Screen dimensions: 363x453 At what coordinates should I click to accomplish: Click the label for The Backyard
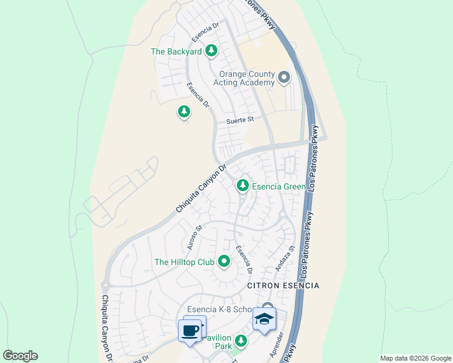click(176, 51)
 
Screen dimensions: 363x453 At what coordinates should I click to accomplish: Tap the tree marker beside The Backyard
click(211, 51)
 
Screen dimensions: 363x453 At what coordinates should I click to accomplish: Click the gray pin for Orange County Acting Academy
click(284, 77)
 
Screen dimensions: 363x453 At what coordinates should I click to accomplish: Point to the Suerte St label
click(240, 120)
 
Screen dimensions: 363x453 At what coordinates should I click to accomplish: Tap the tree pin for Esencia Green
click(243, 185)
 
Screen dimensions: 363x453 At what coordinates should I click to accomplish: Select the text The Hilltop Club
click(185, 262)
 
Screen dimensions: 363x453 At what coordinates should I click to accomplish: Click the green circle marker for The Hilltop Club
click(224, 262)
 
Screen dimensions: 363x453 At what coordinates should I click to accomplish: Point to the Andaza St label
click(284, 258)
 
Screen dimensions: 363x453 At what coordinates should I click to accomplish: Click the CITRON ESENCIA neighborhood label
click(283, 285)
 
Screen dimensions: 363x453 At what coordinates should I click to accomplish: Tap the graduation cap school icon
click(264, 318)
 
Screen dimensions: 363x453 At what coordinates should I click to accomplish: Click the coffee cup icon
click(191, 330)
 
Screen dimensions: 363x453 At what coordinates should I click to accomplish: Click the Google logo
click(20, 356)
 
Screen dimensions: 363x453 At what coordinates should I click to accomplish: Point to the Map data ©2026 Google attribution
click(415, 358)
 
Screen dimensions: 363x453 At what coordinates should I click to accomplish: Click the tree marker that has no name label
click(184, 112)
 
